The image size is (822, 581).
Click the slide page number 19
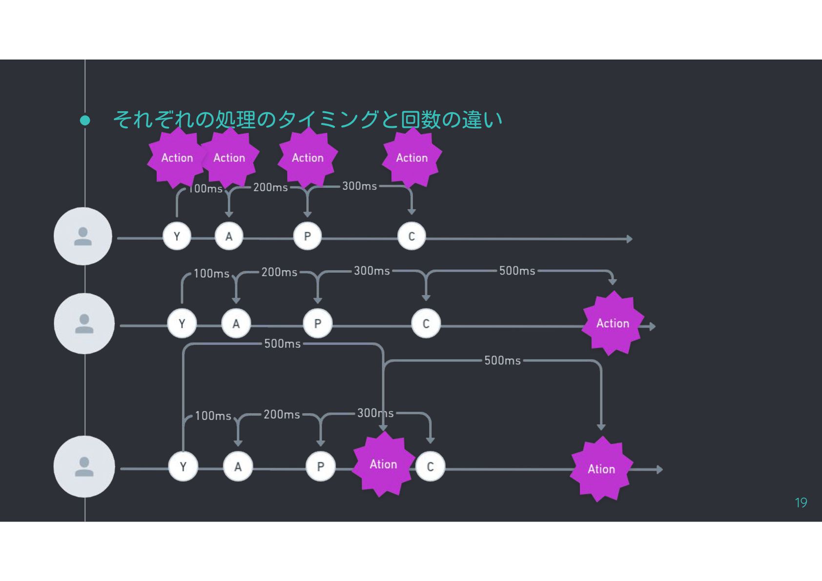point(801,503)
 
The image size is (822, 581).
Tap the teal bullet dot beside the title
point(85,120)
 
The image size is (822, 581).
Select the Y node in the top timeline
point(177,237)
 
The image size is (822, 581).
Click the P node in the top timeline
point(308,237)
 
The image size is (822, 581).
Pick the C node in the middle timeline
point(426,323)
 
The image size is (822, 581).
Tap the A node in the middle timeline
point(236,323)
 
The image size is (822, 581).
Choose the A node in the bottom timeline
point(238,467)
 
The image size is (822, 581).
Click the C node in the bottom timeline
point(430,467)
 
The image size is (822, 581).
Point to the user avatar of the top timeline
point(83,237)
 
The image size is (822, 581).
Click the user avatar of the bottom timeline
point(84,467)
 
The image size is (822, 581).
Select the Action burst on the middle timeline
point(613,323)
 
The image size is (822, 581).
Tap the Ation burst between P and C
point(383,464)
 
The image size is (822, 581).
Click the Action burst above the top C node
point(411,158)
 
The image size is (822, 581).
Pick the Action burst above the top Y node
point(177,158)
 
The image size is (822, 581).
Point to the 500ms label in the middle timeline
point(517,271)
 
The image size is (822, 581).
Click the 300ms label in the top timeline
point(359,186)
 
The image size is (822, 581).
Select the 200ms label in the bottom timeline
point(282,415)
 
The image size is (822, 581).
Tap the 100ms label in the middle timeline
point(211,274)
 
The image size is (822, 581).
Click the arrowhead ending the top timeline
point(630,239)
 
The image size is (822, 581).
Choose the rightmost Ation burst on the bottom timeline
point(601,469)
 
